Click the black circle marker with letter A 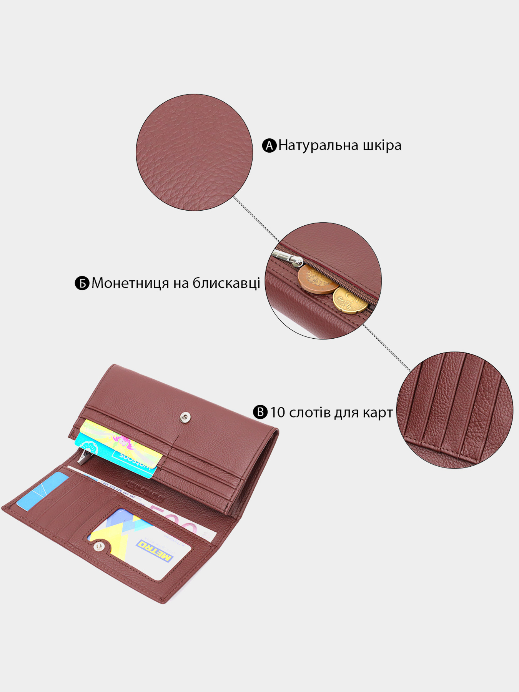coord(269,146)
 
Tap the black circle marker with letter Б coord(82,283)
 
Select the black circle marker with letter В coord(260,412)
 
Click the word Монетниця coord(130,283)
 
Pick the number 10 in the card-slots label coord(277,412)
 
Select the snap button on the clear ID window coord(99,546)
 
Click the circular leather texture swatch coord(194,152)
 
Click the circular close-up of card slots coord(454,410)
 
